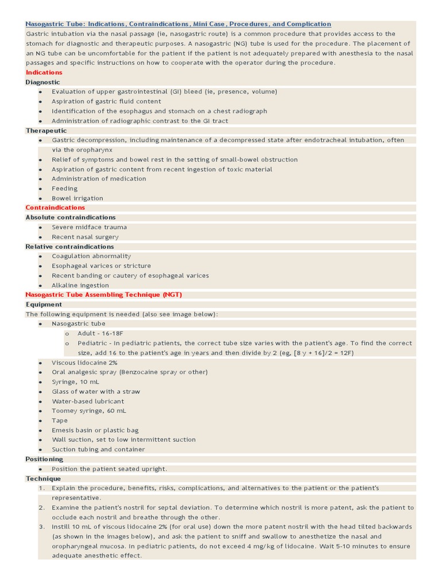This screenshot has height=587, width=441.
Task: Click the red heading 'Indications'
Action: (44, 73)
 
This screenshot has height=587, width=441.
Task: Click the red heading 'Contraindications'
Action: (55, 208)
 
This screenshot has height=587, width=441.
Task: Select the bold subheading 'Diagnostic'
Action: (42, 82)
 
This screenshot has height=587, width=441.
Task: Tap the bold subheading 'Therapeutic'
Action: (46, 131)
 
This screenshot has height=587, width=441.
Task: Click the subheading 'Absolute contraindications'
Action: (71, 217)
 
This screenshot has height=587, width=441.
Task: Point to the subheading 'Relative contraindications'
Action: (69, 246)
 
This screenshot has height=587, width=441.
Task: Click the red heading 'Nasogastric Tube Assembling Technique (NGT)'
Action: (103, 295)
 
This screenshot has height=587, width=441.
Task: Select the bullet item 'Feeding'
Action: (64, 189)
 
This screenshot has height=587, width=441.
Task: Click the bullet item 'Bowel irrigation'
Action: (78, 198)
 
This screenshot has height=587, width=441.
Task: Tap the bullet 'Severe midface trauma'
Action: (89, 227)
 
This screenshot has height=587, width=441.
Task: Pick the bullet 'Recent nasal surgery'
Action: (85, 237)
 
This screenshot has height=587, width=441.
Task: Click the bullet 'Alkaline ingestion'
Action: (80, 285)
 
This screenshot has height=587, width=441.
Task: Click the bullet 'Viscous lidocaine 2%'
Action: (84, 363)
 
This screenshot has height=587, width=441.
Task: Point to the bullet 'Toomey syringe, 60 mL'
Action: (89, 411)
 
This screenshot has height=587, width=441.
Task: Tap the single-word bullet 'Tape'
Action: (60, 421)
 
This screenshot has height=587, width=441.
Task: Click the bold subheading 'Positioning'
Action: (44, 459)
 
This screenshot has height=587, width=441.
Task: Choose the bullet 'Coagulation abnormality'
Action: (91, 256)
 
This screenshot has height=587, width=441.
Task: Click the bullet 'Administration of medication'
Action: (99, 179)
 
